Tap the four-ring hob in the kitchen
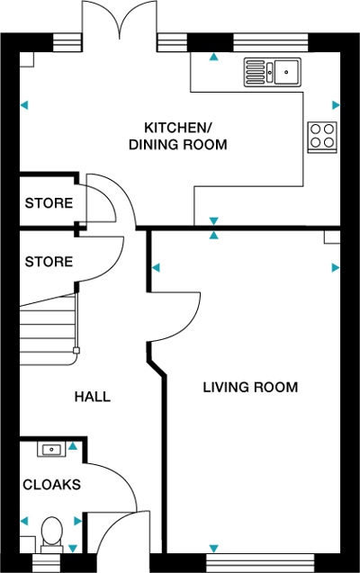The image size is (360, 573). click(321, 136)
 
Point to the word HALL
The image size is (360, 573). click(93, 397)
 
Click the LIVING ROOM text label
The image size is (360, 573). click(249, 388)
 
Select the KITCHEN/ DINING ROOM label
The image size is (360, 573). click(177, 135)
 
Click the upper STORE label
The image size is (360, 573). click(49, 203)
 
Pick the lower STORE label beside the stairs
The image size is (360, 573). click(49, 262)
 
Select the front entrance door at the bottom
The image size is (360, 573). click(121, 540)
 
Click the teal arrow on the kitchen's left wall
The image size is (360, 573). click(25, 105)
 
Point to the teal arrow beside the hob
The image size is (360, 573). click(336, 103)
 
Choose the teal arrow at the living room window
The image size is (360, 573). click(213, 548)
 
